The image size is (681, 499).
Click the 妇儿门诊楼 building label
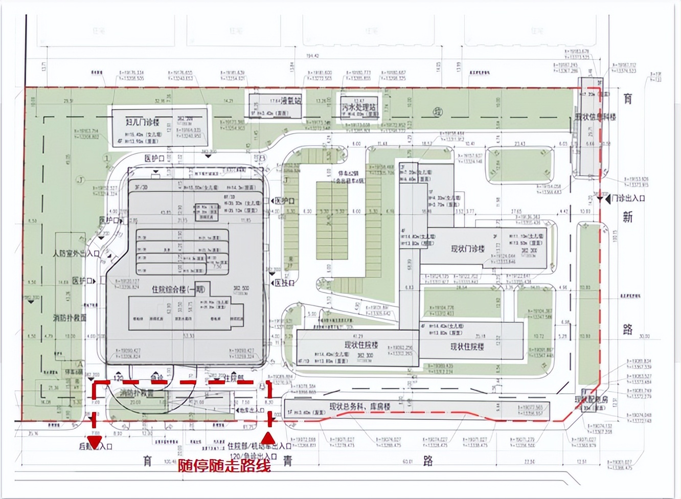click(142, 122)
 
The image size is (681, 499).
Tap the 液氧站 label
click(291, 101)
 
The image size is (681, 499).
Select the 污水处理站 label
click(359, 108)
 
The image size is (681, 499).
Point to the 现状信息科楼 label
click(595, 117)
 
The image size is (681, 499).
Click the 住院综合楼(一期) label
click(178, 289)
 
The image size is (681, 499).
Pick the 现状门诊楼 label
click(467, 249)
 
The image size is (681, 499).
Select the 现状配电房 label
click(591, 399)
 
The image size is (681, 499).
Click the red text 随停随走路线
click(224, 465)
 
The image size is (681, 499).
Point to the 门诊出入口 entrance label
click(628, 198)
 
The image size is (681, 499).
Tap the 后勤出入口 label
click(96, 446)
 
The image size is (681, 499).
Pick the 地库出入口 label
click(250, 410)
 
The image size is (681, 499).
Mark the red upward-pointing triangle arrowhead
click(267, 438)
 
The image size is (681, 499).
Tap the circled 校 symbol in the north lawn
click(438, 112)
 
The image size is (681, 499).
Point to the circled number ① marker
click(106, 158)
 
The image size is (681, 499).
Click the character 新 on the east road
click(627, 217)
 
